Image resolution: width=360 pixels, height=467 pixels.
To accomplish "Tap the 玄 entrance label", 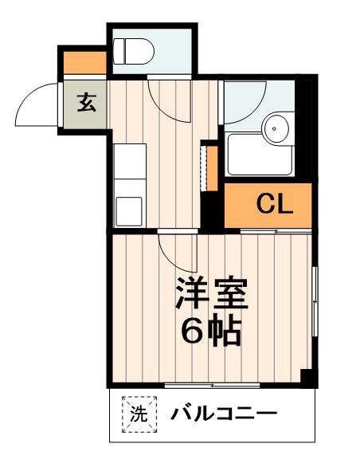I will click(85, 104).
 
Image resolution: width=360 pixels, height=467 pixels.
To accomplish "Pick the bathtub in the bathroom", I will click(260, 155).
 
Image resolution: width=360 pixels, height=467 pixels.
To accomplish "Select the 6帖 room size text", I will click(211, 331).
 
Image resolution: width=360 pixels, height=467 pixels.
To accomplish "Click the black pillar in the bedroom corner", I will click(306, 377).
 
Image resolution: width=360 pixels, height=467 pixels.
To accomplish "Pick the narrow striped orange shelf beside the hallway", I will click(212, 168).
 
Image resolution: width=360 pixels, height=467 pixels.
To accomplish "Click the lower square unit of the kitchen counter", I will click(129, 210).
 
